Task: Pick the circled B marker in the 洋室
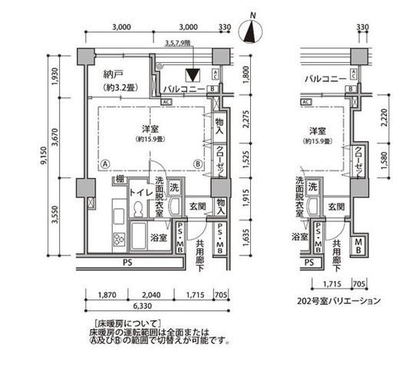pyautogui.click(x=197, y=163)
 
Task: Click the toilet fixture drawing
pyautogui.click(x=139, y=210)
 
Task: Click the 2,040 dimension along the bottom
pyautogui.click(x=153, y=293)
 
